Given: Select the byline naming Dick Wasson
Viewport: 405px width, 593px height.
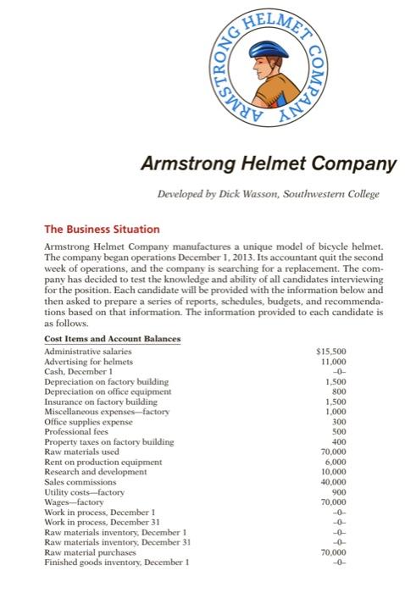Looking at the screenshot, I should pos(264,194).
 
